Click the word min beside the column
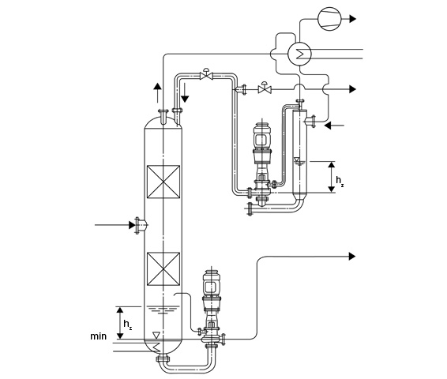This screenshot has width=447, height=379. [x=99, y=336]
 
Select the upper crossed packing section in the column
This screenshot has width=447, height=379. [x=163, y=182]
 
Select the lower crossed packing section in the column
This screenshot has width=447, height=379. [x=163, y=269]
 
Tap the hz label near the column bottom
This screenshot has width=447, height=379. [x=127, y=325]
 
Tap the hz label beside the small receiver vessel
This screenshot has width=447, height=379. [x=340, y=181]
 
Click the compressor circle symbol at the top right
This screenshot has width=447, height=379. [x=329, y=19]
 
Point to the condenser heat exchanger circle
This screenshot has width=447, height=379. [x=299, y=54]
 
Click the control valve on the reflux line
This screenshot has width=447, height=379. [x=206, y=74]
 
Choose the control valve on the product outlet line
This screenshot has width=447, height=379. [x=265, y=88]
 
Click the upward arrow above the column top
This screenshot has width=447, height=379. [x=157, y=93]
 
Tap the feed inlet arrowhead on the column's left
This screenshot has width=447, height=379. [x=132, y=225]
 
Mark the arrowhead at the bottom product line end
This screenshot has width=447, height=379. [x=352, y=257]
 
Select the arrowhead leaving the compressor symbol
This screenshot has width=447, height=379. [x=353, y=19]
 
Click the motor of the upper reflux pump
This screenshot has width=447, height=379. [x=262, y=139]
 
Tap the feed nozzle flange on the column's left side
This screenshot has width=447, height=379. [x=137, y=225]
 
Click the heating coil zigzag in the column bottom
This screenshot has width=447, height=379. [x=156, y=347]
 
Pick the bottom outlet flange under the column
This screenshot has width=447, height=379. [x=163, y=358]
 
